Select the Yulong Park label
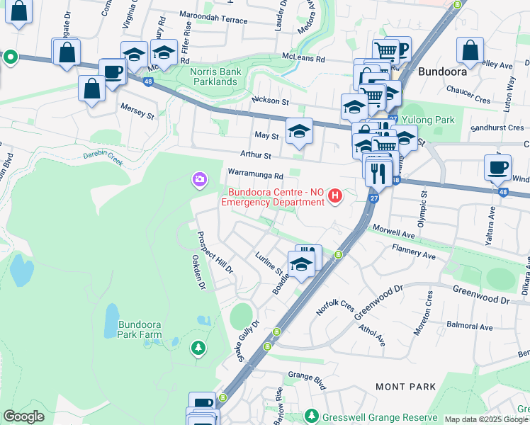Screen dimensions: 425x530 (x=429, y=120)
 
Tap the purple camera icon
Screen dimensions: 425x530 (x=200, y=180)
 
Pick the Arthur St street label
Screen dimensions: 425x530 (x=256, y=154)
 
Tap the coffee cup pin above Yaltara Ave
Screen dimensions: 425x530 (x=497, y=168)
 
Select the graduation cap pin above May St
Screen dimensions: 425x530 (x=300, y=131)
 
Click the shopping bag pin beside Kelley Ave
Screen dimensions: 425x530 (x=470, y=50)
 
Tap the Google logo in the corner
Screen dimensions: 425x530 (x=23, y=416)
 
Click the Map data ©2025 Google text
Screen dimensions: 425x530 (x=485, y=419)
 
